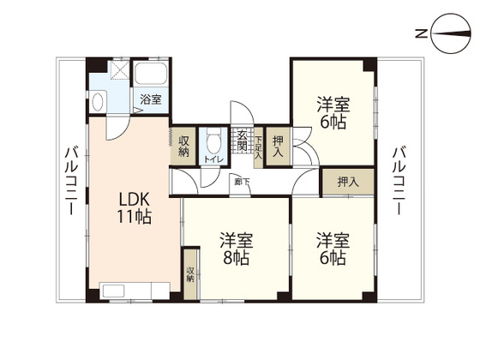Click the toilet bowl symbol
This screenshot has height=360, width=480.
(x=211, y=139)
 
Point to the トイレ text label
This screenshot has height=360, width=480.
(x=211, y=159)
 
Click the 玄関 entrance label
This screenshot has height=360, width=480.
(x=243, y=143)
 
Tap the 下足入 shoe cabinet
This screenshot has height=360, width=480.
(x=259, y=143)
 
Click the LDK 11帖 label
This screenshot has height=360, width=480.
(x=135, y=207)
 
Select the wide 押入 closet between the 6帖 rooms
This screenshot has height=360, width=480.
(x=347, y=182)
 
